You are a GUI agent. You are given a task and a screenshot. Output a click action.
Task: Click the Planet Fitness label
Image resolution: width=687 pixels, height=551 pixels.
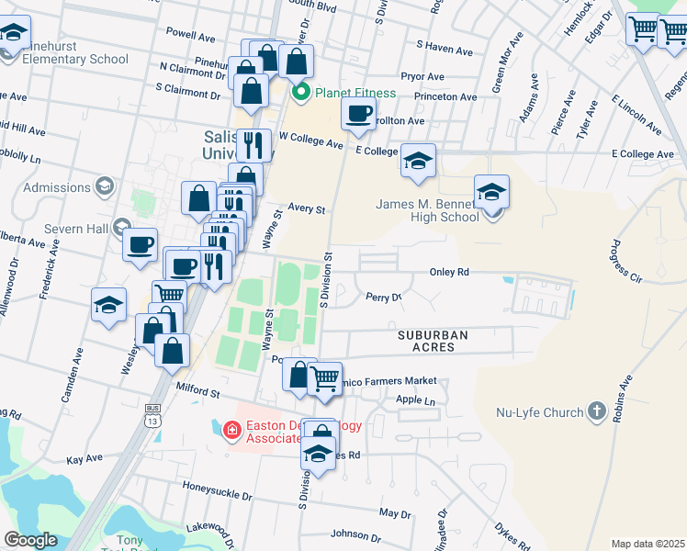click(355, 93)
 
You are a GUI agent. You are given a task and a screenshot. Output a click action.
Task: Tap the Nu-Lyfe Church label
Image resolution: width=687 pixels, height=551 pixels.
click(539, 412)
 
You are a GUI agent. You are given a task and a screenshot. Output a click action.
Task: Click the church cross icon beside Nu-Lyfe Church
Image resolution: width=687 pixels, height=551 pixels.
click(597, 411)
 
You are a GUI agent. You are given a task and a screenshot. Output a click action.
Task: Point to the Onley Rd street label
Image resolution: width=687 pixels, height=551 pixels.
click(450, 272)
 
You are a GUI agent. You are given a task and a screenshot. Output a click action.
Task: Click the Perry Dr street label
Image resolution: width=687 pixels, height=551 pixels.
click(384, 298)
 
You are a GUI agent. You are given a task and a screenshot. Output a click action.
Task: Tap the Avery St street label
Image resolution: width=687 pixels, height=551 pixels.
click(307, 209)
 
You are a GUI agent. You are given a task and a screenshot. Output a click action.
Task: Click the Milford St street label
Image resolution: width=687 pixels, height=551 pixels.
click(199, 392)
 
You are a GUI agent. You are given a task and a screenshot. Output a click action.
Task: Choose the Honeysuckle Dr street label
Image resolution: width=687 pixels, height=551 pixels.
click(217, 495)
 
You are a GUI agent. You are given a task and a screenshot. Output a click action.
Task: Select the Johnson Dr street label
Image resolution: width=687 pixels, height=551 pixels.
click(349, 534)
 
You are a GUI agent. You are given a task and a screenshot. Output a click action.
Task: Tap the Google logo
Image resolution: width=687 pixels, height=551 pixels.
click(31, 540)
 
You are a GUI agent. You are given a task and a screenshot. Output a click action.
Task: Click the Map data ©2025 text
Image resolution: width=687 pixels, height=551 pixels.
click(648, 544)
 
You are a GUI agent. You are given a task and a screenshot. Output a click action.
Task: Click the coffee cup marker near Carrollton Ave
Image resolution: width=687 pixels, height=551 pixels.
click(358, 114)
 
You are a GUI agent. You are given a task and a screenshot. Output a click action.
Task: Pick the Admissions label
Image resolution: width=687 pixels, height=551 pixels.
click(57, 187)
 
